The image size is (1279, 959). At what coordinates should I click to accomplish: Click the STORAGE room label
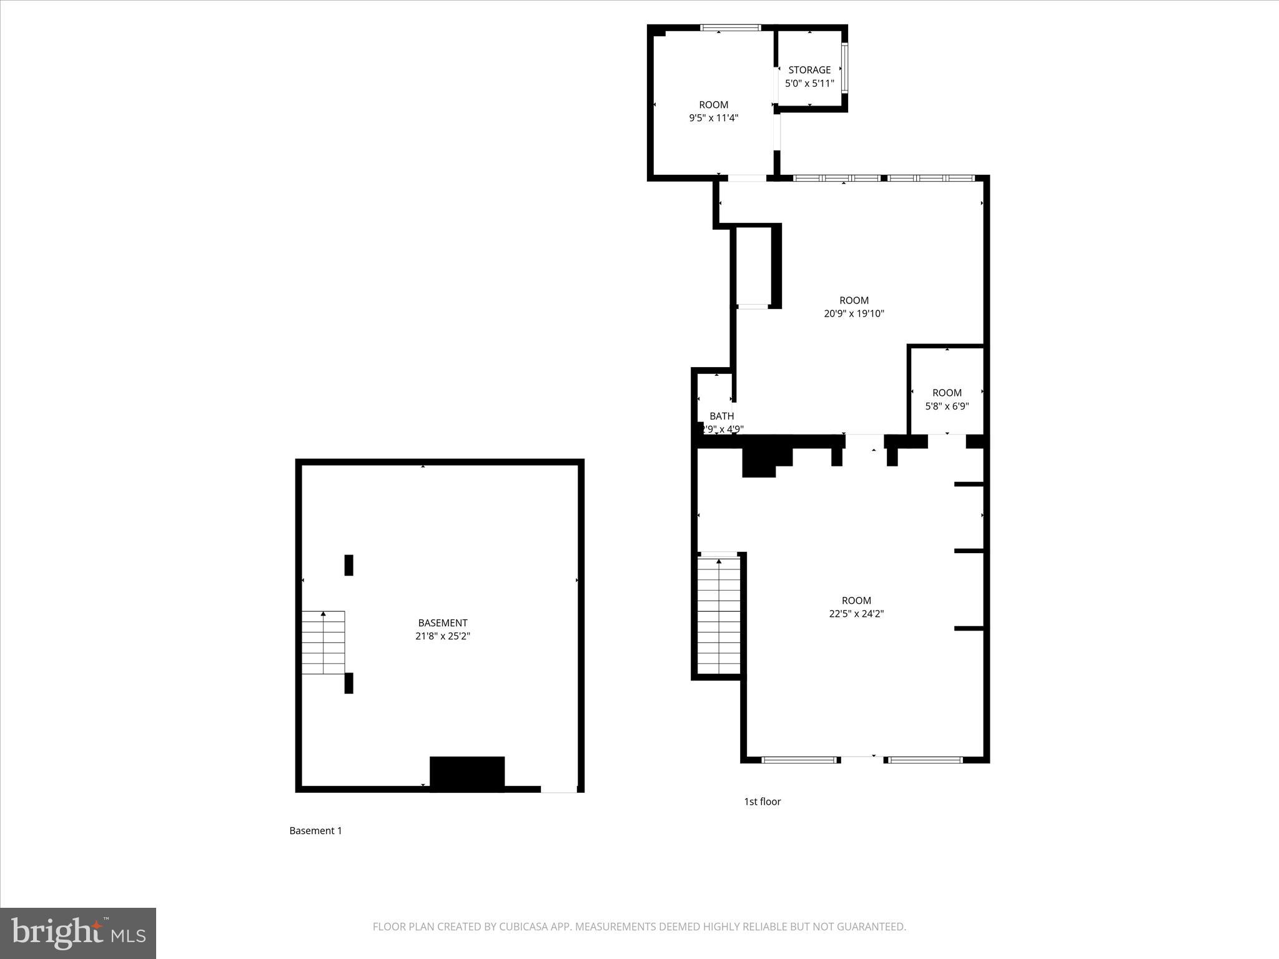coord(809,70)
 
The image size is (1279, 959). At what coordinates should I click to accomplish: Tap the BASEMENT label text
coord(443,622)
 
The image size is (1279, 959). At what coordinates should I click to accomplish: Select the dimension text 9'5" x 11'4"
coord(713,118)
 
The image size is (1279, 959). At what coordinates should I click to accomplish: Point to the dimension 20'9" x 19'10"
coord(854,313)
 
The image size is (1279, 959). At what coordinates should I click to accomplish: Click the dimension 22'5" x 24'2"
coord(856,614)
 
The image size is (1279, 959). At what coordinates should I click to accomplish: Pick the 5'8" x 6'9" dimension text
coord(947,406)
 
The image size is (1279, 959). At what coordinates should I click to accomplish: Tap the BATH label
coord(721,416)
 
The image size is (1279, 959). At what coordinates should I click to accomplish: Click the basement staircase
coord(323,642)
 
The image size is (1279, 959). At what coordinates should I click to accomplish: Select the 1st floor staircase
coord(719,615)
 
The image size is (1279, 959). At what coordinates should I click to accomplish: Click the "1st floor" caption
coord(762,802)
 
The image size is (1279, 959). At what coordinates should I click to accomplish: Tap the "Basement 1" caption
coord(315,830)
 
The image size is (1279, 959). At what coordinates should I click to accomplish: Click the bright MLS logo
coord(78,933)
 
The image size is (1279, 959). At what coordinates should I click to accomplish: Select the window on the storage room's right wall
coord(844,67)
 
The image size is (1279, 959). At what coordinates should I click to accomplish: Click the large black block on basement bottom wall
coord(467,774)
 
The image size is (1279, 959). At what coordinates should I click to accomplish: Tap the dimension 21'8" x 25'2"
coord(443,636)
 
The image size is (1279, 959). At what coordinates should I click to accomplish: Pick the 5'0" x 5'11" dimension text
coord(809,83)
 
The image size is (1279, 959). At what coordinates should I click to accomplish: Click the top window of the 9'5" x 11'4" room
coord(730,27)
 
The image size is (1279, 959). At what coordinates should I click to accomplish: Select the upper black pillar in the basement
coord(349,565)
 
